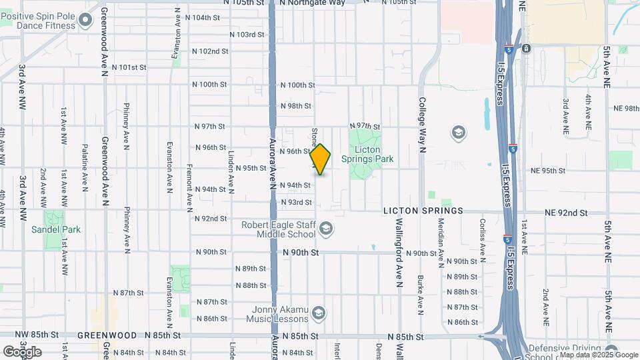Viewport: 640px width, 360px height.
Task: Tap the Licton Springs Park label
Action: (x=367, y=154)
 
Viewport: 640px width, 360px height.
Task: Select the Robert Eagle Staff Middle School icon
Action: (x=325, y=230)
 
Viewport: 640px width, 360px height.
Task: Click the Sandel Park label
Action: (x=56, y=229)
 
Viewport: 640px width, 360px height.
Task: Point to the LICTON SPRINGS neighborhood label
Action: (x=423, y=211)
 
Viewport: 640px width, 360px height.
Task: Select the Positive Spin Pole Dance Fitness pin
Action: (x=85, y=20)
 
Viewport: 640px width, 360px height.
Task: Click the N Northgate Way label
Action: (x=313, y=3)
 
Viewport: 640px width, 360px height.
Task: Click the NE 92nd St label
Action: (x=566, y=213)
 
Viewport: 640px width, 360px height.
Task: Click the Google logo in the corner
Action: (x=21, y=351)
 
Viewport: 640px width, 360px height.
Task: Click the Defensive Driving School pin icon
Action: (x=611, y=353)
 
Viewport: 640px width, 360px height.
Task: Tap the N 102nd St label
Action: (x=210, y=51)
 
